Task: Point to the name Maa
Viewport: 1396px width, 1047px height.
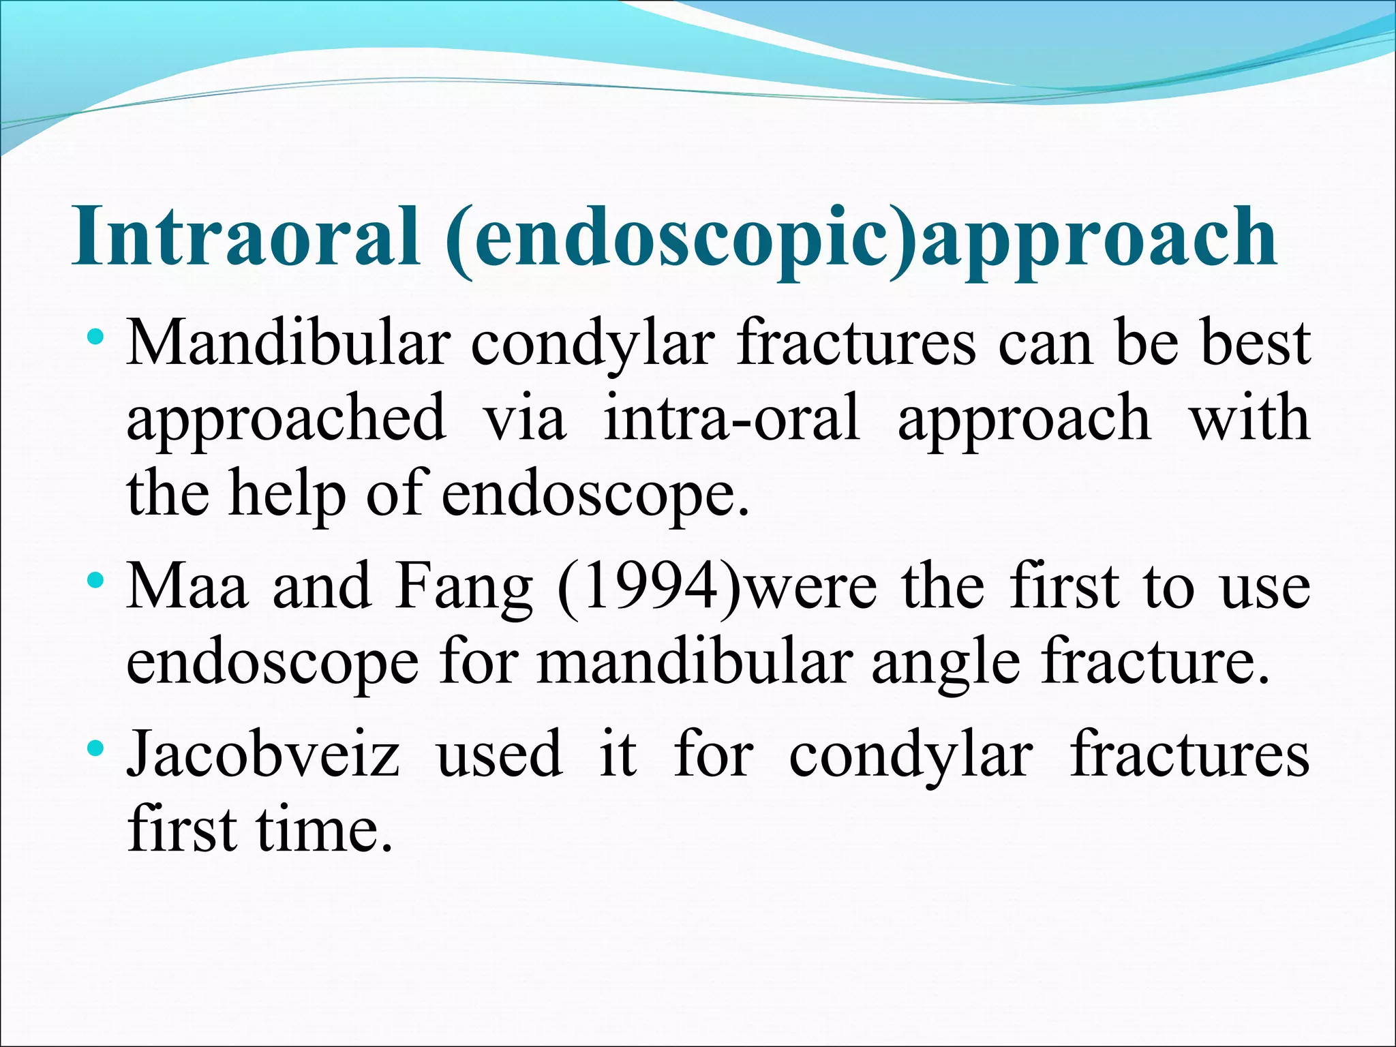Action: [x=187, y=586]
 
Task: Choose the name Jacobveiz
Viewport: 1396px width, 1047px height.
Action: [x=263, y=755]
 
